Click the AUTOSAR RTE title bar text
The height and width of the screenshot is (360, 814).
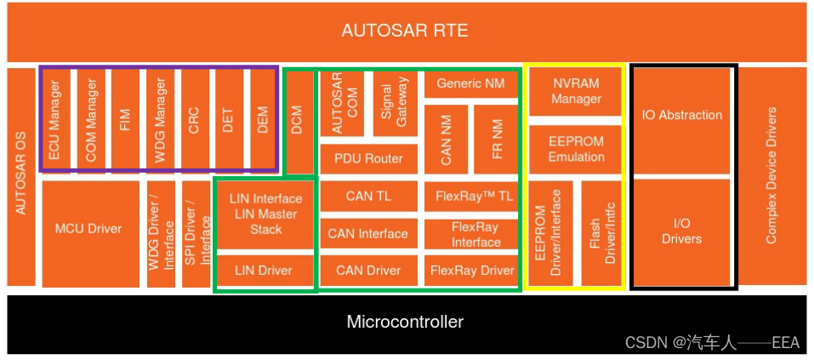(x=405, y=31)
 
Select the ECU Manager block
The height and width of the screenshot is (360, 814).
(x=56, y=119)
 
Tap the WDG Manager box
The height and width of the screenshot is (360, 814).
(x=159, y=119)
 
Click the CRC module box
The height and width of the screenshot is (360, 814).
(x=194, y=119)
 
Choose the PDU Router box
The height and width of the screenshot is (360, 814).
(x=368, y=159)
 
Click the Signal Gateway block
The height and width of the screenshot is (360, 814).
(x=396, y=103)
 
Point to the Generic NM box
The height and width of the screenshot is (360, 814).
(x=470, y=83)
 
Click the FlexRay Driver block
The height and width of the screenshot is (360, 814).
(x=472, y=271)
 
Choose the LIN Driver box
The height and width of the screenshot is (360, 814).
(x=264, y=271)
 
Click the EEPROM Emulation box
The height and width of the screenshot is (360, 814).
(x=576, y=150)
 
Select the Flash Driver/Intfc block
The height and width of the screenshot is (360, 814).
(x=602, y=232)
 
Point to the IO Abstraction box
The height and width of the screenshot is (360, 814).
(x=681, y=116)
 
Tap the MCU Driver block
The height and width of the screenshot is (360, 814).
(x=88, y=229)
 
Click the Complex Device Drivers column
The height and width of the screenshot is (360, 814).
(x=772, y=175)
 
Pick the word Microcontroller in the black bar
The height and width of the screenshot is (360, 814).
(x=405, y=322)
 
